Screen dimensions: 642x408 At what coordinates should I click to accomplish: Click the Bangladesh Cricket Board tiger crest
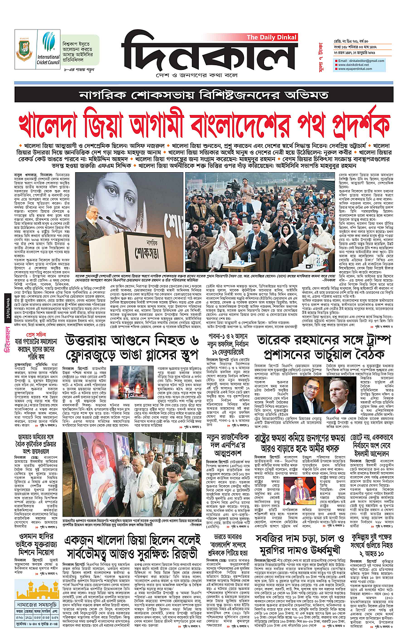click(24, 48)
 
